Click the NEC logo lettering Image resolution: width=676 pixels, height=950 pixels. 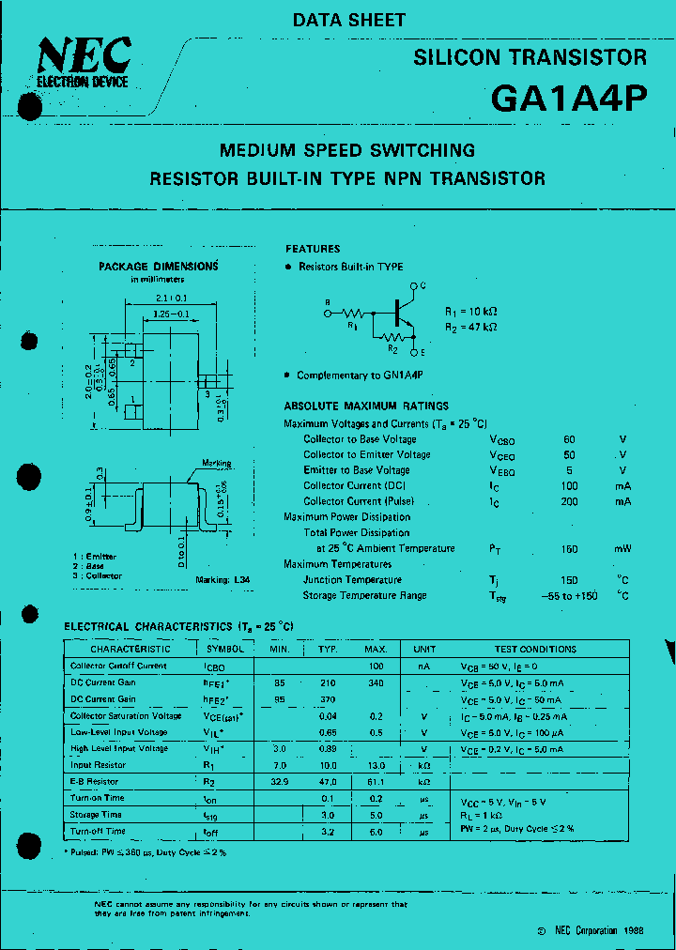[x=84, y=58]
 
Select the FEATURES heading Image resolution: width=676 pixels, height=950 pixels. [x=313, y=249]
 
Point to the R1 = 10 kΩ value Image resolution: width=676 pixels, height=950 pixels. [x=470, y=311]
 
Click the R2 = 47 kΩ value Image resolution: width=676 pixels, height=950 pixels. [x=470, y=327]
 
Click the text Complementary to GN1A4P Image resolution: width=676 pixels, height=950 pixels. [x=360, y=375]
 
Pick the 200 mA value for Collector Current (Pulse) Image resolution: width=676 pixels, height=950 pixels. [x=569, y=501]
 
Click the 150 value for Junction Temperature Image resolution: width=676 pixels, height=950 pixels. [x=569, y=580]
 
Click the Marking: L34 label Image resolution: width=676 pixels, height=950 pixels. [x=223, y=580]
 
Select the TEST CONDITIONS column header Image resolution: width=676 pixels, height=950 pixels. [x=535, y=649]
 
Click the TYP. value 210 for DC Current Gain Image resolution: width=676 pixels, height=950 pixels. [x=327, y=682]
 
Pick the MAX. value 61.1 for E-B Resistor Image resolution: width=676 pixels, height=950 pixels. [x=376, y=781]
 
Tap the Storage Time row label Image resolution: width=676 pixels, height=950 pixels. [x=96, y=815]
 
